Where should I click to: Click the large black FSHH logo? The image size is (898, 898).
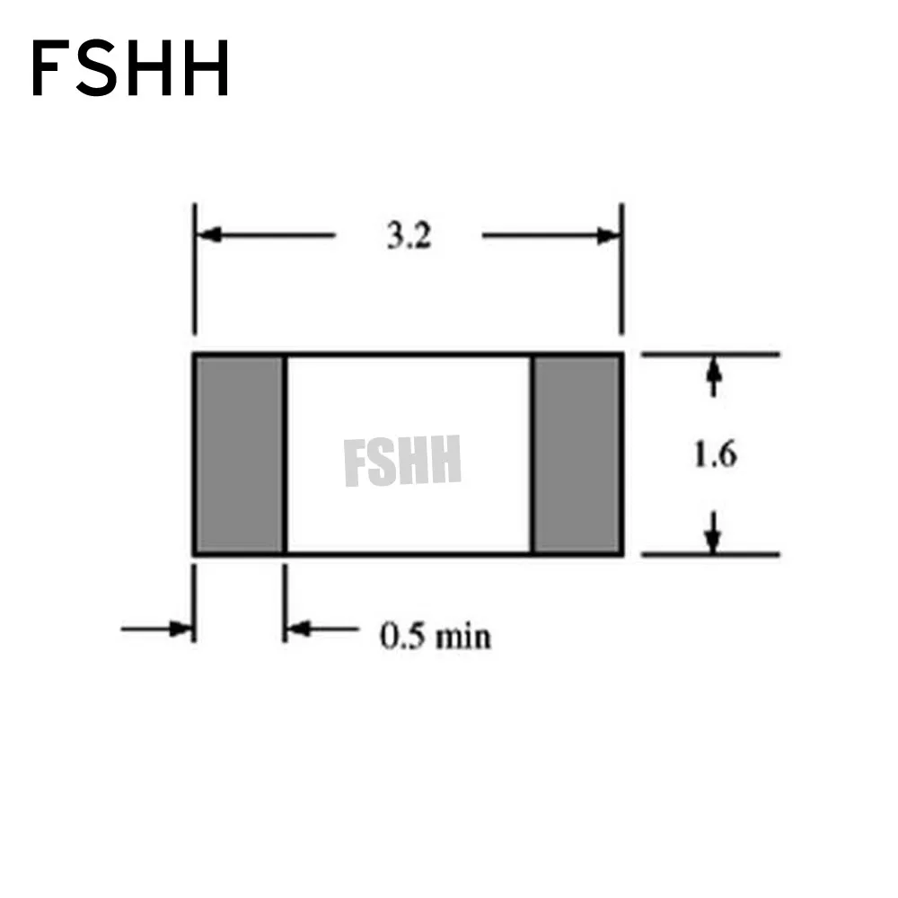pos(130,69)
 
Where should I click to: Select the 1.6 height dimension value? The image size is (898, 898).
pos(714,455)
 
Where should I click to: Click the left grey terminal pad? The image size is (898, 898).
pos(239,454)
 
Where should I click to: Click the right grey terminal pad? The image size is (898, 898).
pos(577,454)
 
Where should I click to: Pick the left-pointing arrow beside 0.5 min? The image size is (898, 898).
pos(298,629)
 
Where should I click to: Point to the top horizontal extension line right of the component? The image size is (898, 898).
pos(709,355)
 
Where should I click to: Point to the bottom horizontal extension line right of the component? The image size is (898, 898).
pos(709,555)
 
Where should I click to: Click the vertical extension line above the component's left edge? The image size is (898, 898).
pos(194,269)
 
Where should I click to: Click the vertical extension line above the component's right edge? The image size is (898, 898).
pos(622,269)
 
